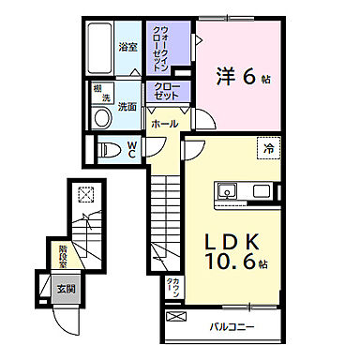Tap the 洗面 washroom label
click(127, 107)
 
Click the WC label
click(132, 148)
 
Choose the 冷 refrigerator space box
click(269, 148)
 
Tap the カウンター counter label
click(176, 287)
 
